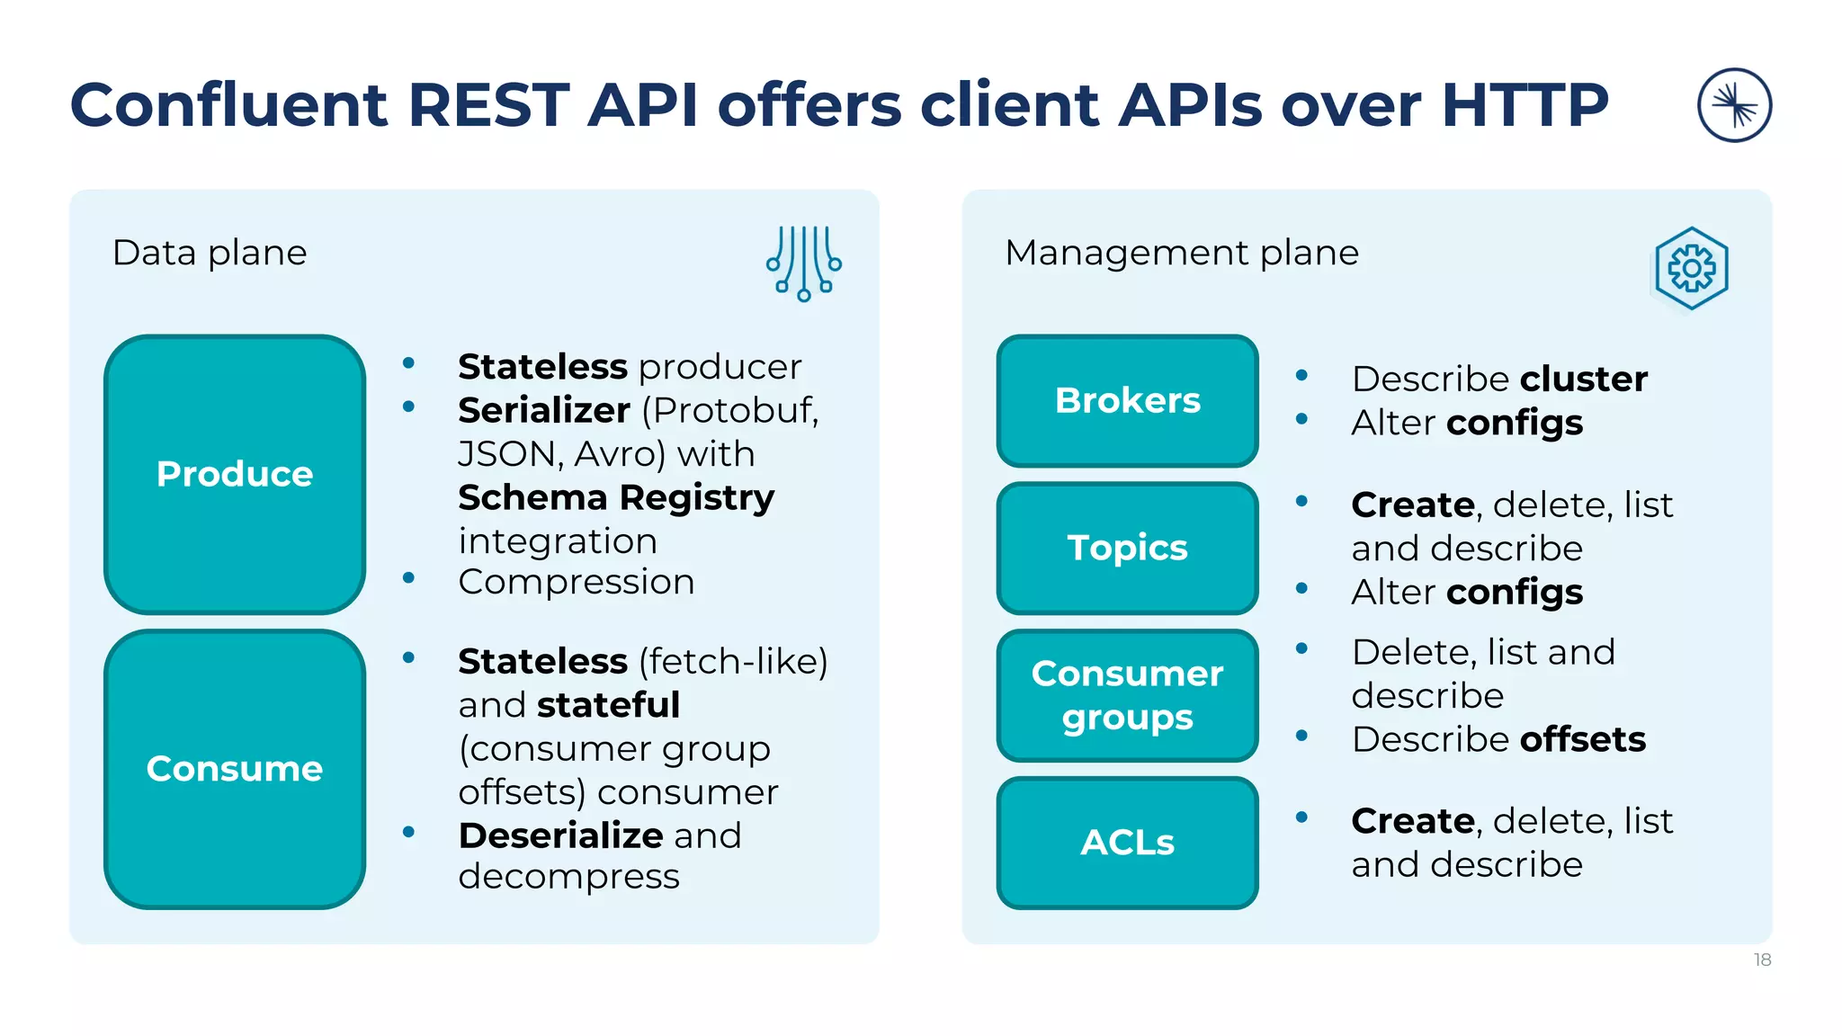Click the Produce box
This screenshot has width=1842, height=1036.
point(235,474)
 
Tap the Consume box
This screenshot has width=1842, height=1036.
point(235,769)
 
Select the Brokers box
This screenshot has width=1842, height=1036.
point(1127,400)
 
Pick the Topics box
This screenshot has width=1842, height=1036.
point(1127,548)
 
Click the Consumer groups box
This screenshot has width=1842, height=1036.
point(1127,695)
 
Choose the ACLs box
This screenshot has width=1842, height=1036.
point(1127,843)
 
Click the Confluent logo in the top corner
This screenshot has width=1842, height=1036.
point(1734,105)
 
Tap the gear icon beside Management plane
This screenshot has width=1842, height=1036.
point(1691,268)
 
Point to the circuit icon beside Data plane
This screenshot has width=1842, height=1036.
point(804,263)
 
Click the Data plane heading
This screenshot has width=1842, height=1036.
point(210,253)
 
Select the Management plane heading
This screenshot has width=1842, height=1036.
point(1181,253)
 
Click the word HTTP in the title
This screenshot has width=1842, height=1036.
point(1525,105)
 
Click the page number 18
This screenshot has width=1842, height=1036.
point(1762,960)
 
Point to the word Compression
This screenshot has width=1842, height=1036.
point(577,582)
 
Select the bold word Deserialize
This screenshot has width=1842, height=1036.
point(561,835)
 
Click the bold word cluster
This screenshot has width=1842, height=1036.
point(1584,379)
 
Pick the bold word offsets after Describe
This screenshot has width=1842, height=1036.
point(1582,739)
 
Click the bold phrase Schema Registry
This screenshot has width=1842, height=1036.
point(616,497)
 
